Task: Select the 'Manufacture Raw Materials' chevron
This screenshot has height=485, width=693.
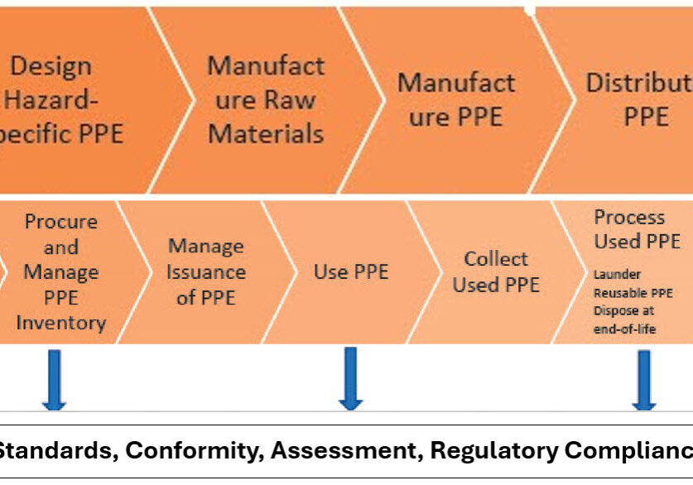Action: pyautogui.click(x=265, y=99)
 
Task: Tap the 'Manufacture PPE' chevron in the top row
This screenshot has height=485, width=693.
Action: pyautogui.click(x=455, y=99)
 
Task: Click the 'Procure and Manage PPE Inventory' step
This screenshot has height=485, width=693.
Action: pyautogui.click(x=60, y=271)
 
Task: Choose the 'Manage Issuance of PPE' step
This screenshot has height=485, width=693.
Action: pyautogui.click(x=206, y=271)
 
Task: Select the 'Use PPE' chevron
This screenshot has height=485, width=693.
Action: pyautogui.click(x=350, y=271)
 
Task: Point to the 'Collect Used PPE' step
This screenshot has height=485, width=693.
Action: pyautogui.click(x=496, y=271)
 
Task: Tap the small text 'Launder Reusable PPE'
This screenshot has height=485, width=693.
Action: pyautogui.click(x=633, y=283)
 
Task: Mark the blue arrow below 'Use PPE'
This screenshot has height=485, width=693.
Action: pyautogui.click(x=350, y=379)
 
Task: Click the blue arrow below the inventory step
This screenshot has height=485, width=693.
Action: pyautogui.click(x=54, y=379)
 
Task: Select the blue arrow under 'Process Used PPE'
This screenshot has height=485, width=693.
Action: pyautogui.click(x=643, y=379)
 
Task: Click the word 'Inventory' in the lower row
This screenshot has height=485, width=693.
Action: pyautogui.click(x=60, y=323)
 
